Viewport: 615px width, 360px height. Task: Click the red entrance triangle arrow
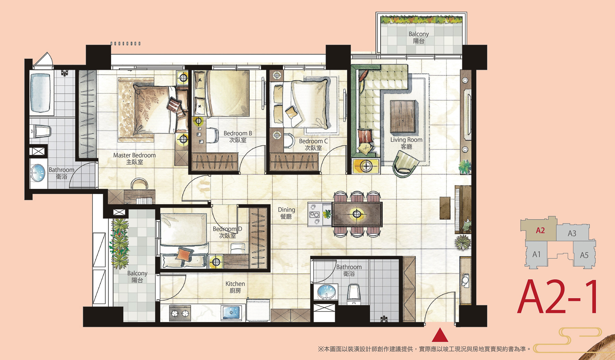point(440,335)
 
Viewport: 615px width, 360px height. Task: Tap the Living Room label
point(406,143)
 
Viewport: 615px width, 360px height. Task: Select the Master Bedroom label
point(134,158)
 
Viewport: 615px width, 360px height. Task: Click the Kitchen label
point(235,287)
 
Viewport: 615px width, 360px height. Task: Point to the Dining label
point(286,213)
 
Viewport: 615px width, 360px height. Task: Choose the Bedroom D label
point(227,232)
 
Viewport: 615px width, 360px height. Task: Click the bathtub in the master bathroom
point(41,93)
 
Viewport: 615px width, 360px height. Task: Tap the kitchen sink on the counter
point(232,313)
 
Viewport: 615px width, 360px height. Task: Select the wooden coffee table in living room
point(403,116)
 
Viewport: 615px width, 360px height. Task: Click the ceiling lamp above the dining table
point(357,214)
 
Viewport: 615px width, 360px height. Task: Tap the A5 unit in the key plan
point(584,255)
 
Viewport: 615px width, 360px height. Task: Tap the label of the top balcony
point(419,37)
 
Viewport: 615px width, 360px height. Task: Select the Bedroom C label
point(313,144)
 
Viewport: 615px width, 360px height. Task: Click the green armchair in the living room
point(406,164)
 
